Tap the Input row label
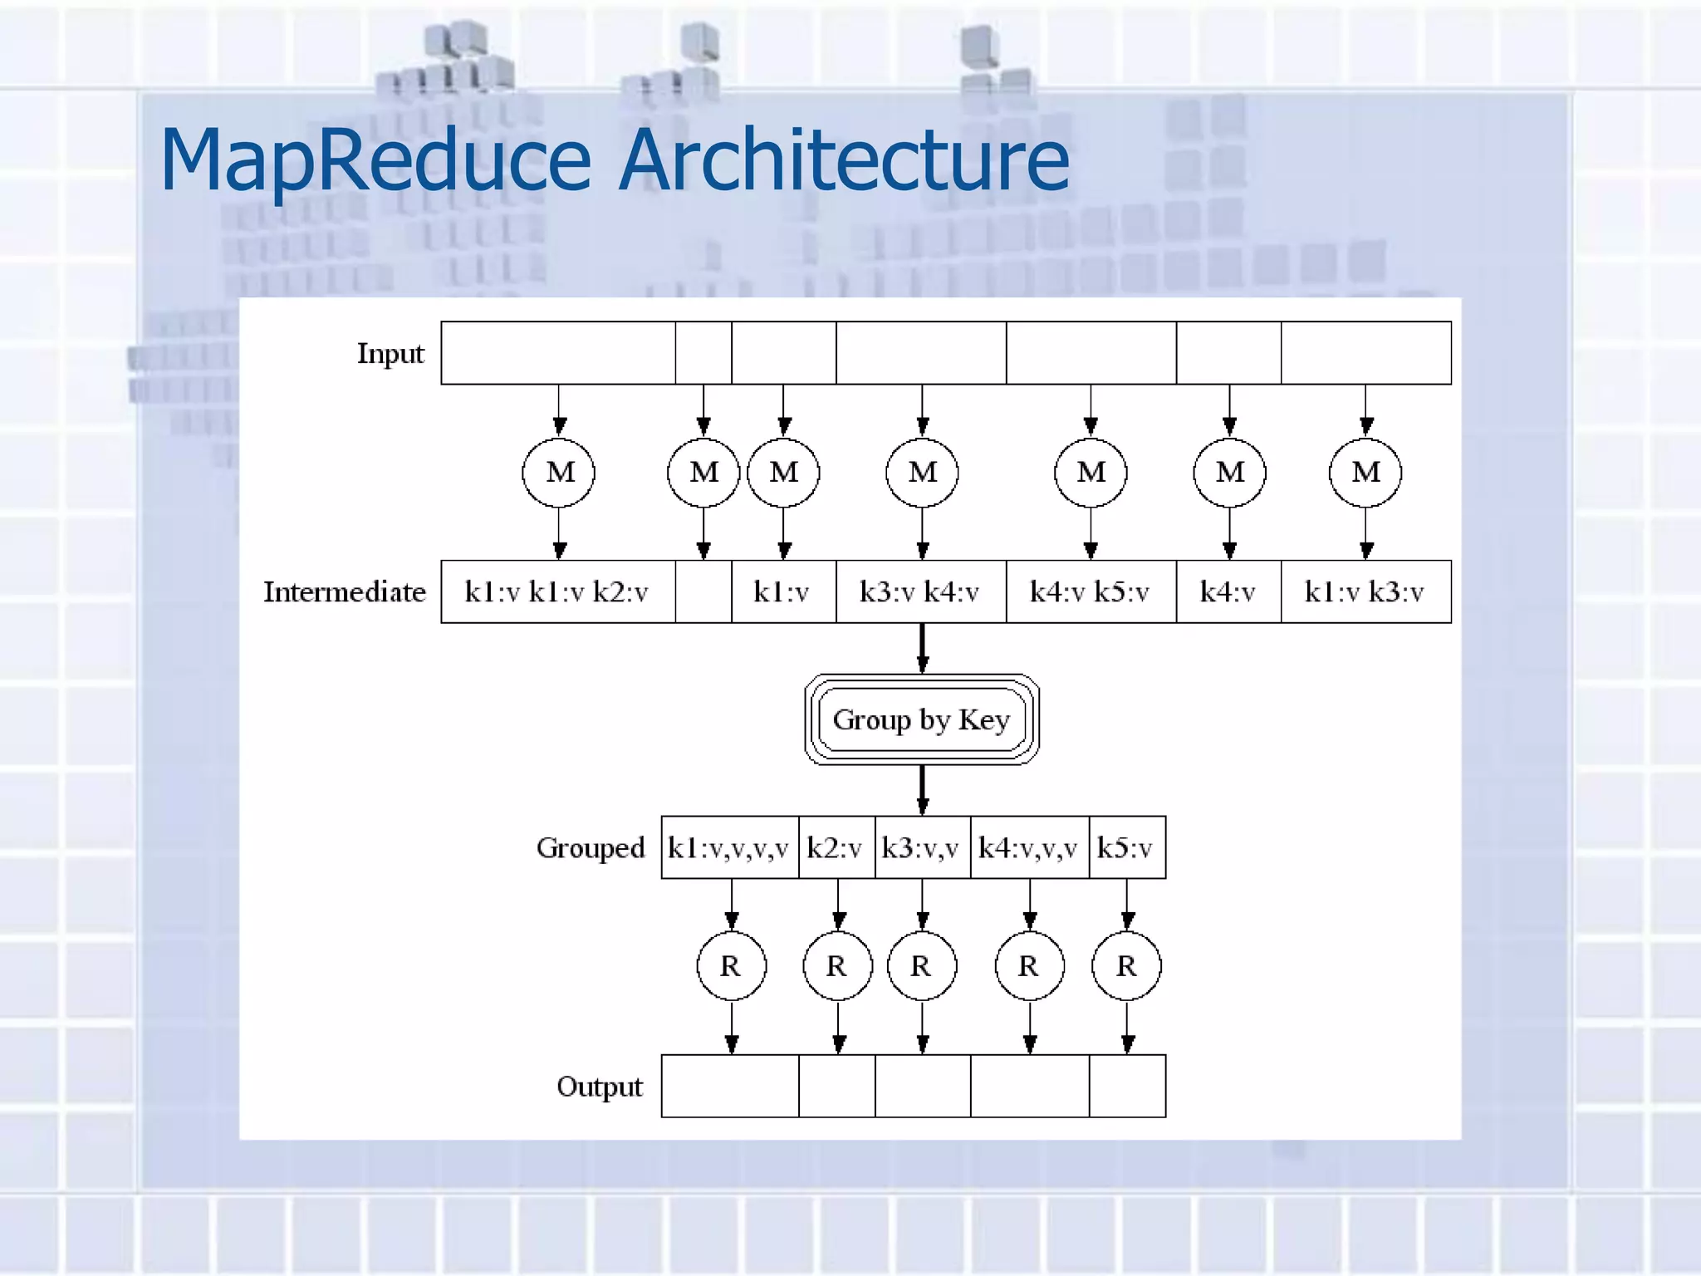click(x=390, y=354)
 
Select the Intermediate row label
click(x=344, y=592)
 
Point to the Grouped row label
click(x=591, y=848)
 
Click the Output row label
click(x=600, y=1087)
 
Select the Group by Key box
click(x=921, y=719)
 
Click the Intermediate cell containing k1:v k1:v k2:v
click(x=556, y=592)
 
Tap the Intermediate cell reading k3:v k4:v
click(x=919, y=592)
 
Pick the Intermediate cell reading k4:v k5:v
click(x=1090, y=592)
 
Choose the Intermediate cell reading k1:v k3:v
click(x=1365, y=592)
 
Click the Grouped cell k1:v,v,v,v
click(x=728, y=848)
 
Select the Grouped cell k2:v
click(x=835, y=848)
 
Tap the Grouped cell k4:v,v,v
click(x=1028, y=848)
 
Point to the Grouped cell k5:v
click(x=1125, y=848)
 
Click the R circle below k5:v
click(x=1126, y=966)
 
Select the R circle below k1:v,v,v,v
click(x=731, y=966)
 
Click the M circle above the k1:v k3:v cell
click(x=1365, y=473)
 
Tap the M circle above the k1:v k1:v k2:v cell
click(x=559, y=473)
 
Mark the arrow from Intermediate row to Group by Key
click(x=922, y=648)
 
